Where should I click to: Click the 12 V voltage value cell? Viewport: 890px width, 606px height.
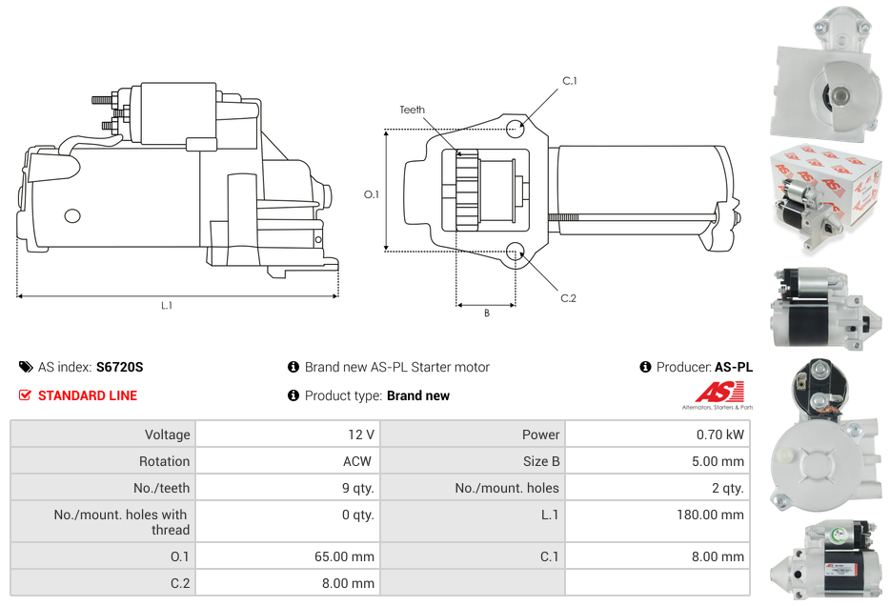(x=360, y=434)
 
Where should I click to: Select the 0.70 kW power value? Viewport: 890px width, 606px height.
(x=720, y=434)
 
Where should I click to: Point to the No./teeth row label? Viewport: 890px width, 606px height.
(x=162, y=488)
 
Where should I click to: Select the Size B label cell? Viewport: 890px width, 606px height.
(x=541, y=461)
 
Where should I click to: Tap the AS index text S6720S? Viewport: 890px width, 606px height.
(x=119, y=367)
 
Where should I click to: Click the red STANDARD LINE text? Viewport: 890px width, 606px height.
(x=88, y=395)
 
